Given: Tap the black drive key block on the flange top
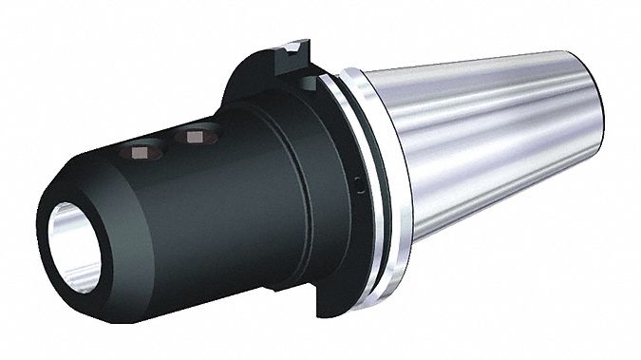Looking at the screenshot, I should [x=293, y=59].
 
